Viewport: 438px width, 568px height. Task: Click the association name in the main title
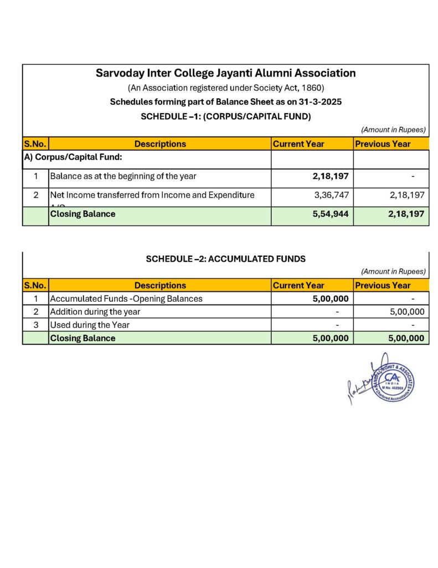pyautogui.click(x=225, y=73)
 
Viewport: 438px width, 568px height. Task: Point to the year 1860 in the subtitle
pyautogui.click(x=315, y=88)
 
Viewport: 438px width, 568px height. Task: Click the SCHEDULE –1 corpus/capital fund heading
pyautogui.click(x=225, y=116)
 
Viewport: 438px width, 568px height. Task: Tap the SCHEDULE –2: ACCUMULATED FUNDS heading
pyautogui.click(x=225, y=258)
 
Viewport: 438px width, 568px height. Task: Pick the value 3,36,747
pyautogui.click(x=331, y=195)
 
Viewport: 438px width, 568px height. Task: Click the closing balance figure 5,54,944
pyautogui.click(x=331, y=214)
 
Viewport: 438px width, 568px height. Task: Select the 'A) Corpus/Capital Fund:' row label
pyautogui.click(x=73, y=158)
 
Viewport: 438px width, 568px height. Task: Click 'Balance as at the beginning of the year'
pyautogui.click(x=123, y=176)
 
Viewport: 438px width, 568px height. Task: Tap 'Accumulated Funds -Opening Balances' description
pyautogui.click(x=126, y=298)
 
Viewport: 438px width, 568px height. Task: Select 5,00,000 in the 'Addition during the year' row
pyautogui.click(x=407, y=312)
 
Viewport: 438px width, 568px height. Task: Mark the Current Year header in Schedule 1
pyautogui.click(x=298, y=144)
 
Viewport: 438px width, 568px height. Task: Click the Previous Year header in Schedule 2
pyautogui.click(x=383, y=286)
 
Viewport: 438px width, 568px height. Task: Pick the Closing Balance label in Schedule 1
pyautogui.click(x=83, y=214)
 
